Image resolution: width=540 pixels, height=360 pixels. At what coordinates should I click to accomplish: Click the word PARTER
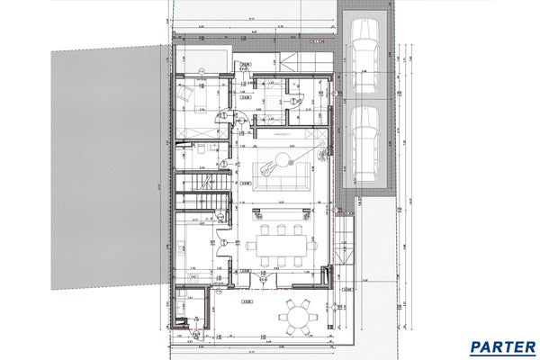click(502, 346)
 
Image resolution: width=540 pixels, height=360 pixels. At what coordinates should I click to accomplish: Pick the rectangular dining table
click(281, 244)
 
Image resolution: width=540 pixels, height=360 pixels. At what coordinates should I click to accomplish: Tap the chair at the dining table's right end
click(311, 244)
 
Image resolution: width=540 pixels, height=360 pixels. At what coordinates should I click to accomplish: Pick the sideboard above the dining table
click(281, 212)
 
